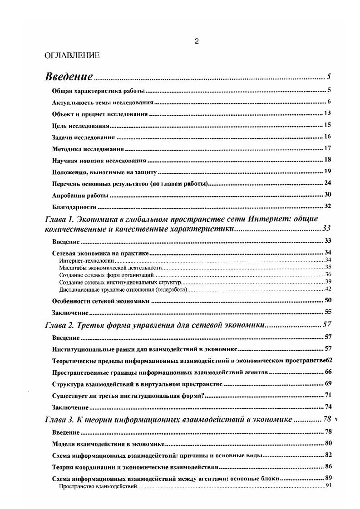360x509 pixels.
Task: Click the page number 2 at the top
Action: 196,42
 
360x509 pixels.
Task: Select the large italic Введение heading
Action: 69,76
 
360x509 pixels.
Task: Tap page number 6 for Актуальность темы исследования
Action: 329,101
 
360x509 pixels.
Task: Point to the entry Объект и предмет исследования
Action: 99,113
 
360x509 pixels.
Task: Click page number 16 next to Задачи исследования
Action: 327,137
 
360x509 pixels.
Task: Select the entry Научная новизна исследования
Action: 99,160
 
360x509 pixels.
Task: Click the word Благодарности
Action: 74,207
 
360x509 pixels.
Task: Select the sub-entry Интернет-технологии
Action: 86,260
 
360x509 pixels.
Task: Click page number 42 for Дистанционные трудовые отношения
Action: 329,289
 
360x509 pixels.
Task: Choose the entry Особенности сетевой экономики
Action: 101,301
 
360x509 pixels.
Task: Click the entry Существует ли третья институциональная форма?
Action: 129,395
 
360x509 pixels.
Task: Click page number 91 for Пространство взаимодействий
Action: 329,486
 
